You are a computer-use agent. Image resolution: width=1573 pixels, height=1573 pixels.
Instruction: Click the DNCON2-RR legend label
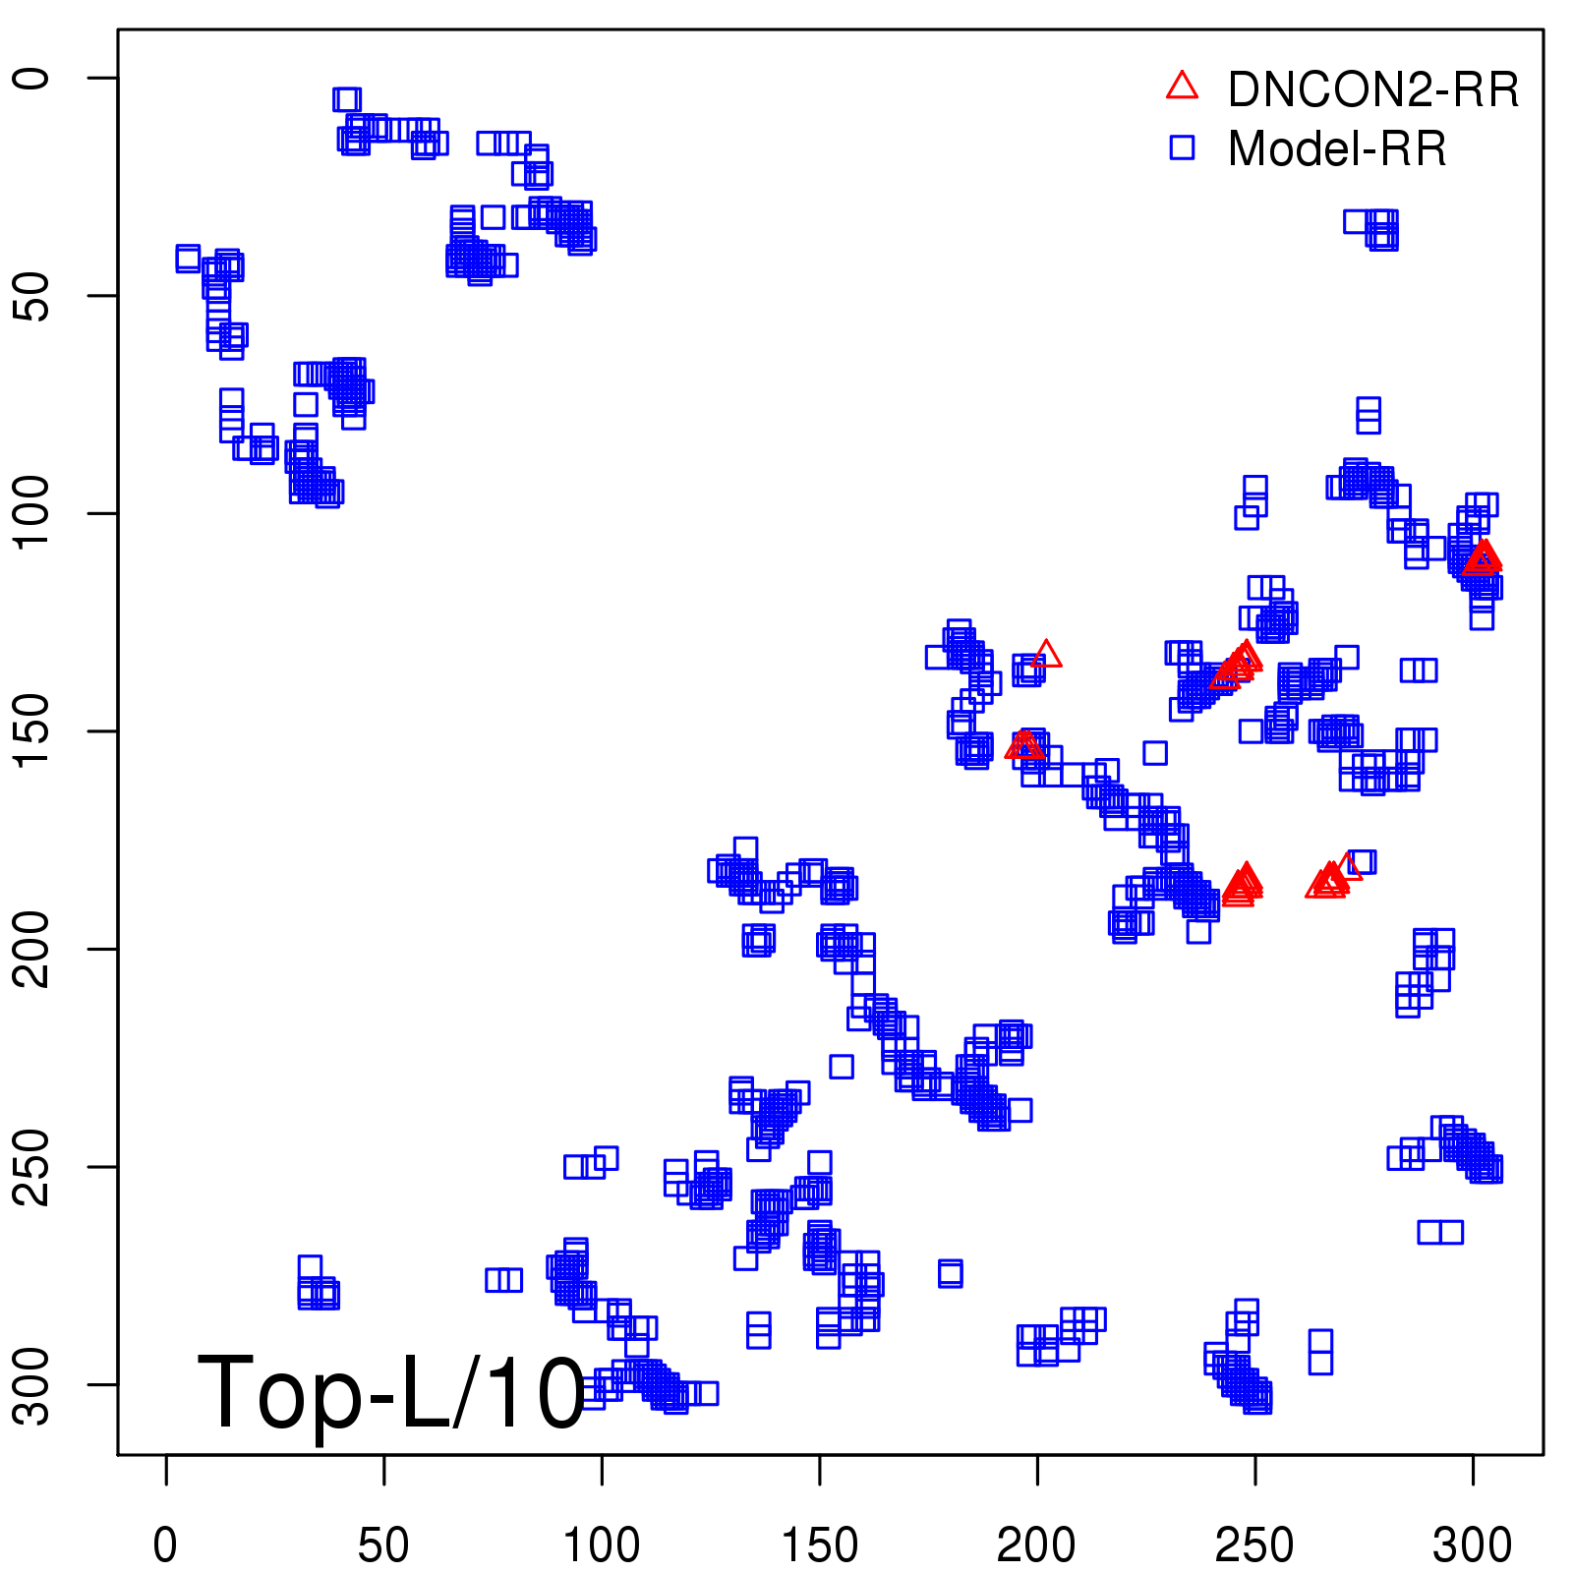click(x=1372, y=90)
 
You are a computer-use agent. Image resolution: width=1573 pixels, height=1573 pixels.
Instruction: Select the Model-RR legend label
click(x=1336, y=149)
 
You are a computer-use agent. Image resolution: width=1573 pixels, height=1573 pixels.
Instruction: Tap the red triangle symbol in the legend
click(x=1182, y=87)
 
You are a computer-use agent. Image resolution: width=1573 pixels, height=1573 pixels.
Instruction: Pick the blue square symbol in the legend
click(x=1182, y=147)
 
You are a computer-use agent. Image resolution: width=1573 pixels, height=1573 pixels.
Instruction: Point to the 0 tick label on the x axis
click(x=166, y=1546)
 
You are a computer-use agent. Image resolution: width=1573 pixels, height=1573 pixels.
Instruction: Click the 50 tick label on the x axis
click(x=383, y=1546)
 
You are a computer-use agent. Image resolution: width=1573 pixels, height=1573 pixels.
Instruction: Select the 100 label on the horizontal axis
click(x=601, y=1546)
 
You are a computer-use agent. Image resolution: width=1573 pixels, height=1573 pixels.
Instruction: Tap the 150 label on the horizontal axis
click(x=819, y=1546)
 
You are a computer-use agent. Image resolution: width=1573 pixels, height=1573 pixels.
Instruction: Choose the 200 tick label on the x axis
click(x=1036, y=1546)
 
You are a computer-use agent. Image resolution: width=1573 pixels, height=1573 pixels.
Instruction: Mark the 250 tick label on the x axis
click(x=1254, y=1546)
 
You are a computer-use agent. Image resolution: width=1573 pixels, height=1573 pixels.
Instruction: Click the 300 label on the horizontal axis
click(x=1472, y=1546)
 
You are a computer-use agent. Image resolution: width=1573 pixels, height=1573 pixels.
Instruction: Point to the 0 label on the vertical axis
click(x=33, y=78)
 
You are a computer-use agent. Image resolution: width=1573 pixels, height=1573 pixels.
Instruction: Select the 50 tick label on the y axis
click(x=33, y=295)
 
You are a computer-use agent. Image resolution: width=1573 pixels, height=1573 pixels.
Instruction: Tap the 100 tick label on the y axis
click(x=33, y=512)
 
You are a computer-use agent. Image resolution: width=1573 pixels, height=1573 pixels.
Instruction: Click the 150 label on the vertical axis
click(x=33, y=730)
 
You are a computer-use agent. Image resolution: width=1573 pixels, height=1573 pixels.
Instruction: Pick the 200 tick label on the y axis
click(x=33, y=949)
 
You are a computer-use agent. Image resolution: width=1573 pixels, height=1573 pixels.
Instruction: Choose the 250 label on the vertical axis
click(x=33, y=1167)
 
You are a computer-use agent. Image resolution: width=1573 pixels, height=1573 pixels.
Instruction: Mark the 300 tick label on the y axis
click(x=33, y=1384)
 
